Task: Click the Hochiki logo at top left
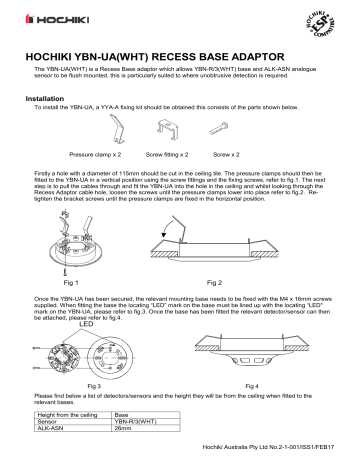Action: [43, 19]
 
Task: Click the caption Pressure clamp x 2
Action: [96, 157]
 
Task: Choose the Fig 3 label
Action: [100, 384]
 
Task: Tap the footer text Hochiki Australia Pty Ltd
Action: [270, 457]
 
